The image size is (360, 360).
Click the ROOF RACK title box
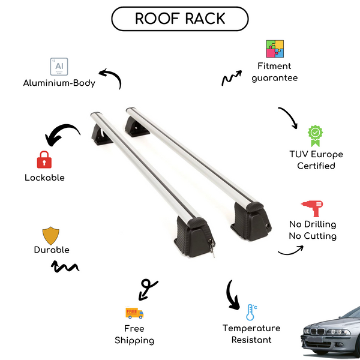click(x=180, y=19)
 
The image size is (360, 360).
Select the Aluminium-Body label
click(x=59, y=83)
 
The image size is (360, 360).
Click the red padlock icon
click(x=44, y=160)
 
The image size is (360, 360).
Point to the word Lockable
click(x=44, y=178)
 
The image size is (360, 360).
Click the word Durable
click(x=52, y=250)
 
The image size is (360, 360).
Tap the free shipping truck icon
click(x=134, y=313)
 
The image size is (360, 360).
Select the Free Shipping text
click(x=134, y=334)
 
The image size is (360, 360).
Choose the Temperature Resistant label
click(x=251, y=334)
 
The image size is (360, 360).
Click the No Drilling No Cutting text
click(x=312, y=230)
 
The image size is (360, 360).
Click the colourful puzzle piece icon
click(x=275, y=49)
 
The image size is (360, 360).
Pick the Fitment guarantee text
click(x=275, y=72)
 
